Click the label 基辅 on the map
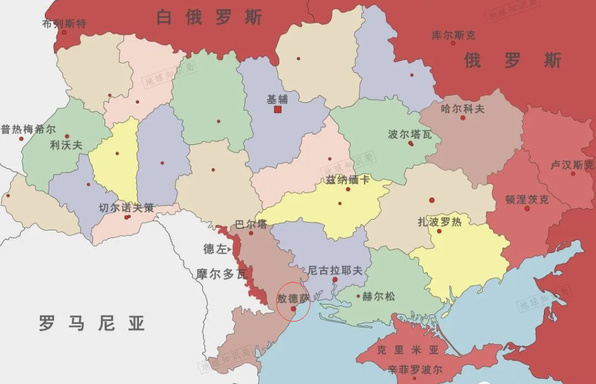(277, 99)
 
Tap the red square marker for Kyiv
(278, 109)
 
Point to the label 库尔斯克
(453, 35)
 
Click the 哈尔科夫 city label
(462, 108)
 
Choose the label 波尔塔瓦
(410, 134)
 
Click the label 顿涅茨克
(526, 199)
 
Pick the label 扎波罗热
(439, 222)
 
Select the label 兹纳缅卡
(348, 179)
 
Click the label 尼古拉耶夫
(335, 271)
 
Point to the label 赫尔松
(378, 296)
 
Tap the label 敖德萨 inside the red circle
(293, 298)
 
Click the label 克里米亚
(407, 350)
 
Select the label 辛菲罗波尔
(415, 369)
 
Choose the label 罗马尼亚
(92, 323)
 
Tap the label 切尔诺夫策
(126, 207)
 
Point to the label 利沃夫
(66, 145)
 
